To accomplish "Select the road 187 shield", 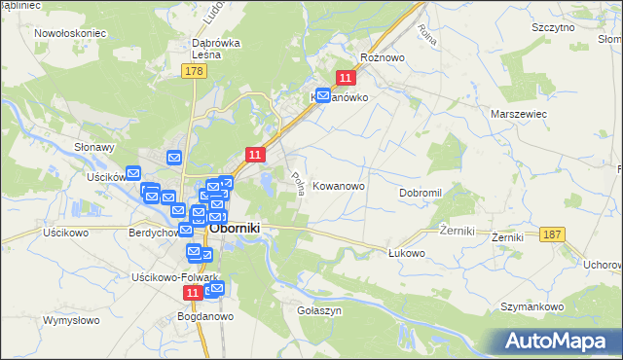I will pos(553,234).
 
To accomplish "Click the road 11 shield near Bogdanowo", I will pos(193,292).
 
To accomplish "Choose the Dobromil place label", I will pos(421,193).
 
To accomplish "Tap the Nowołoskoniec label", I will pos(69,32).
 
